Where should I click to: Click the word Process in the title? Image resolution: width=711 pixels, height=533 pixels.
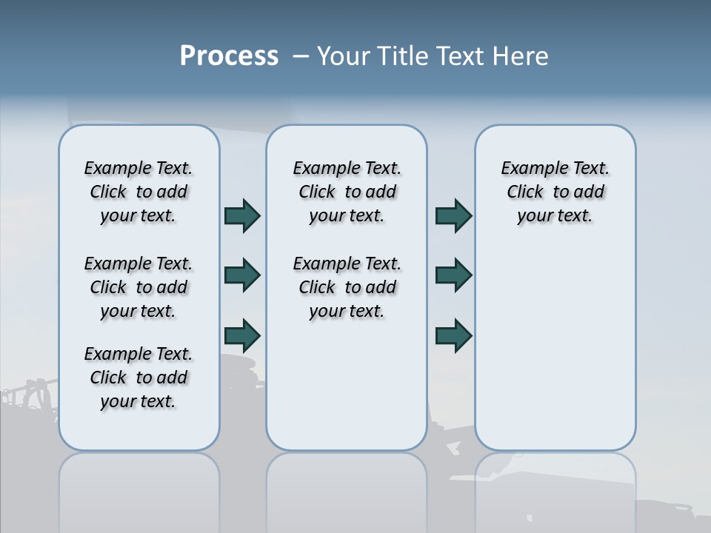229,56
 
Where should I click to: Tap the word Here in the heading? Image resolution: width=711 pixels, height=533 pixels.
518,56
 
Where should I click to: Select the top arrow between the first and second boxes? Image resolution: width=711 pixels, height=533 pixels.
242,215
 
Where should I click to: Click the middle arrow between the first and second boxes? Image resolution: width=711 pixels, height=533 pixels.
242,275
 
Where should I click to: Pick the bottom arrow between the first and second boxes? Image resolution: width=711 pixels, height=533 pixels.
242,335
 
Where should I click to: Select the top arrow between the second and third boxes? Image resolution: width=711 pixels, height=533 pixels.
453,215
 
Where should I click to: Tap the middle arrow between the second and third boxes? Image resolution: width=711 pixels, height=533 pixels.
453,275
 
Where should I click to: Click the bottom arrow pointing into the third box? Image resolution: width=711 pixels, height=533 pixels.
453,335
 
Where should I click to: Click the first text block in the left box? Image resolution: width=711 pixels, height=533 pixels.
138,192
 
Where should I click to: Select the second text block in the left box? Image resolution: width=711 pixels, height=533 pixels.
138,287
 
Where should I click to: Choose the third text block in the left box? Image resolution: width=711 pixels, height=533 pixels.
138,378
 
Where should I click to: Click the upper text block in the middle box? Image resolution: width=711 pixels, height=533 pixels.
347,192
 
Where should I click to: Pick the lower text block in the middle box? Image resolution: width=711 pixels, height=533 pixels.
347,287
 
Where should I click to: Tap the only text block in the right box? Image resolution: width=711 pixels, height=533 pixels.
555,192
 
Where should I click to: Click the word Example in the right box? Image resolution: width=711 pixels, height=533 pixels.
529,168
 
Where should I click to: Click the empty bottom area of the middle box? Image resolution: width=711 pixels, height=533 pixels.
347,392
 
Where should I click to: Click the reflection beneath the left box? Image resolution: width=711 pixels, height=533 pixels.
138,489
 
